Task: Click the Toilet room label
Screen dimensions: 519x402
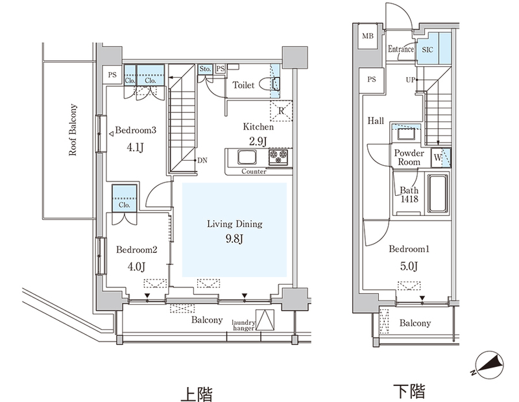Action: [243, 85]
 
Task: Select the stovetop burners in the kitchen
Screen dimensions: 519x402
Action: [278, 156]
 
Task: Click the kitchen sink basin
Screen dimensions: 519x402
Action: [247, 157]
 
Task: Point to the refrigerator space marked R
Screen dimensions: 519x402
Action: [281, 110]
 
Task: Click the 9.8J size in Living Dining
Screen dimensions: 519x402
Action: [234, 239]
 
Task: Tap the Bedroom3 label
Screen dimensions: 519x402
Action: [136, 130]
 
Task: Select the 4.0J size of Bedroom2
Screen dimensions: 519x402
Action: [136, 266]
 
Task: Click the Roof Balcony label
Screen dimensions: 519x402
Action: [73, 130]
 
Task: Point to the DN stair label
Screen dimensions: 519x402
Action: [202, 160]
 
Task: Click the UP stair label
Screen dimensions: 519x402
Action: [410, 80]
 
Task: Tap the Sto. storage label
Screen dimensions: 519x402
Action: [205, 69]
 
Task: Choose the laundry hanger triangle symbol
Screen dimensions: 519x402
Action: [265, 320]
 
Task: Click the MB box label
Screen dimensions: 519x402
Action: [368, 36]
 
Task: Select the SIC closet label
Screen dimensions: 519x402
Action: [428, 50]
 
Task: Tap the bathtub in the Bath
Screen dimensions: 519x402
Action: [438, 194]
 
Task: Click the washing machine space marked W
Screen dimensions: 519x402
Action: [437, 158]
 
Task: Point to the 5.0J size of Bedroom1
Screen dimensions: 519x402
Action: [409, 266]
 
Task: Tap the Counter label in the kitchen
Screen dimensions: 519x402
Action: [254, 171]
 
